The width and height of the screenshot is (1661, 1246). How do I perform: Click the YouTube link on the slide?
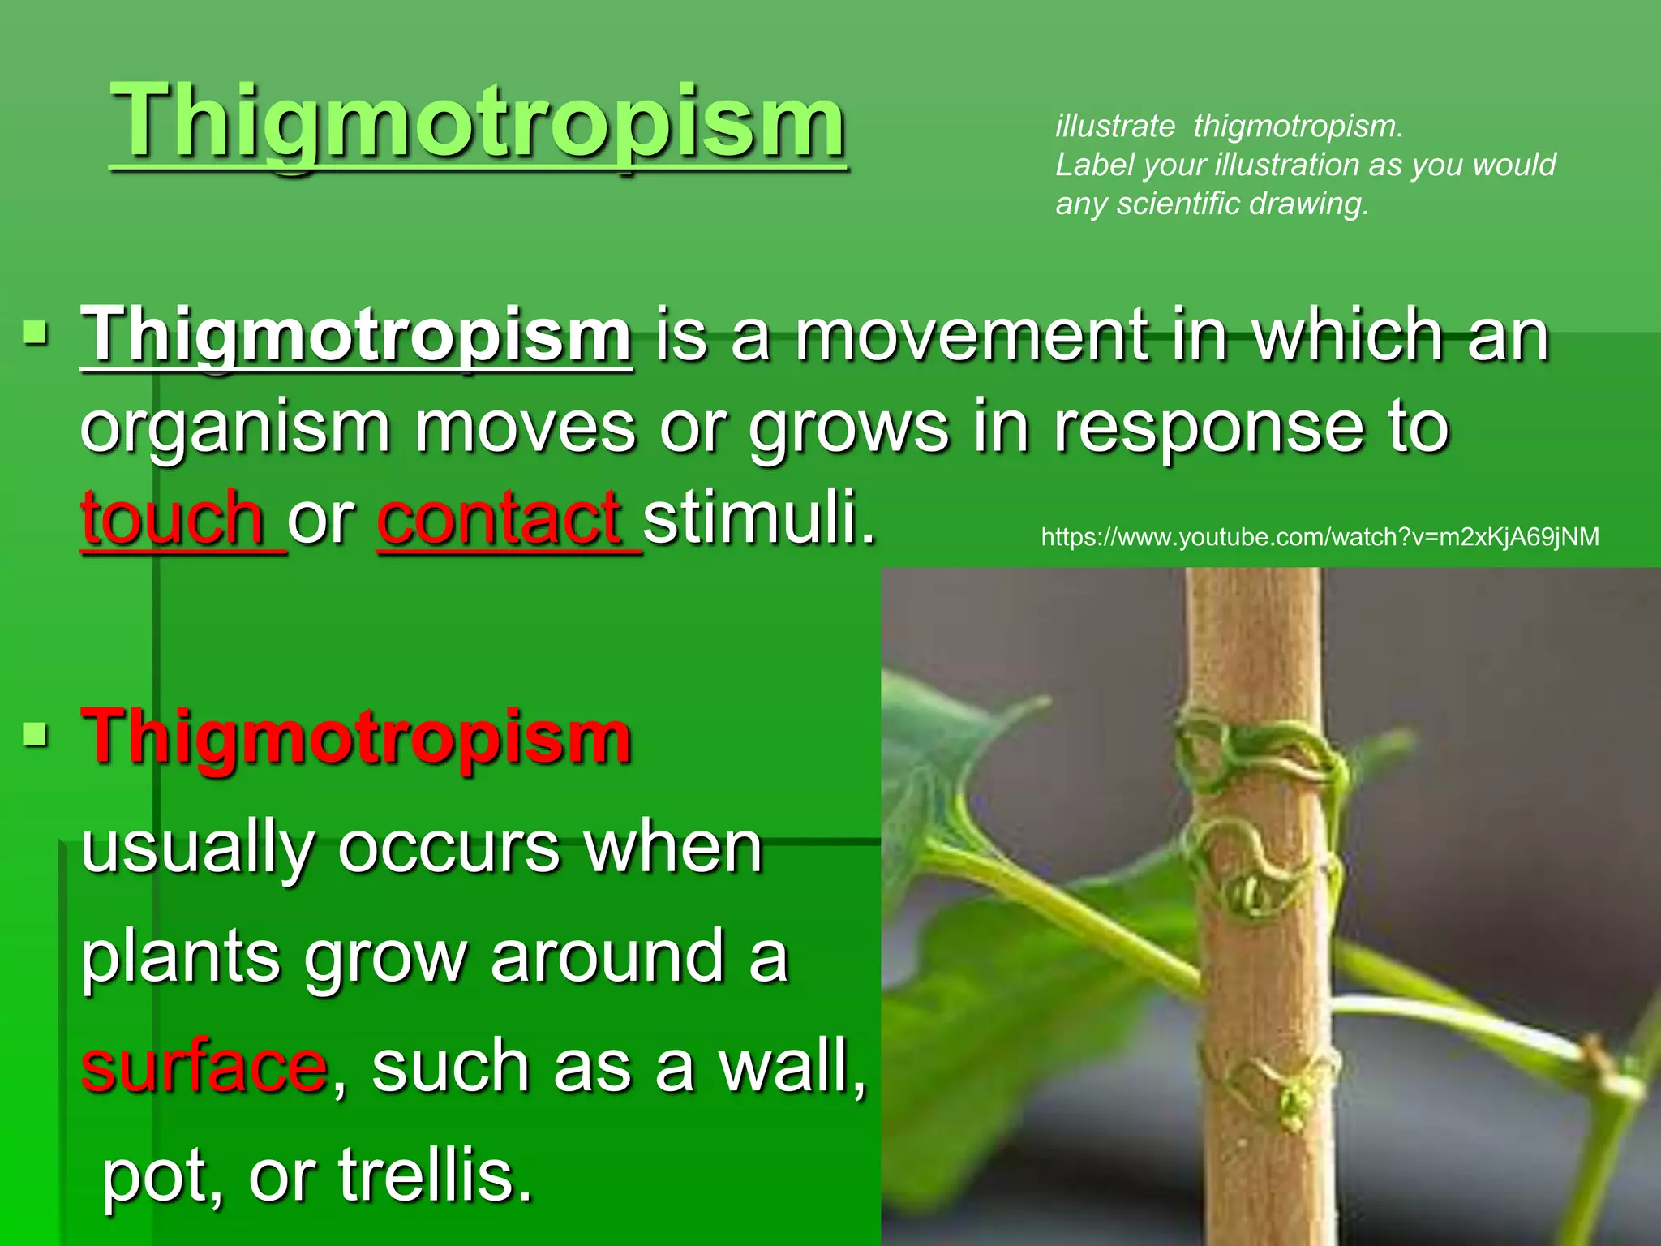tap(1320, 537)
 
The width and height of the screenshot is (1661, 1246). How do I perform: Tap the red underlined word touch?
tap(173, 518)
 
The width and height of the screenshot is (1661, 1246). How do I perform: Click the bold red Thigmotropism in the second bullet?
tap(356, 737)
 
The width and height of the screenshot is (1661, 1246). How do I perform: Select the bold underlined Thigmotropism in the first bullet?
tap(356, 335)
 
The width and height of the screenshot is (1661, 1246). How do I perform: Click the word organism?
tap(235, 428)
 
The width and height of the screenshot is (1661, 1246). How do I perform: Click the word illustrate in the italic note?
tap(1114, 127)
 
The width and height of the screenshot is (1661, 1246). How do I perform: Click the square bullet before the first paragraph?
tap(36, 333)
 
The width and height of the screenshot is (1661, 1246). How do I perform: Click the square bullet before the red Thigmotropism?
tap(36, 735)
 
